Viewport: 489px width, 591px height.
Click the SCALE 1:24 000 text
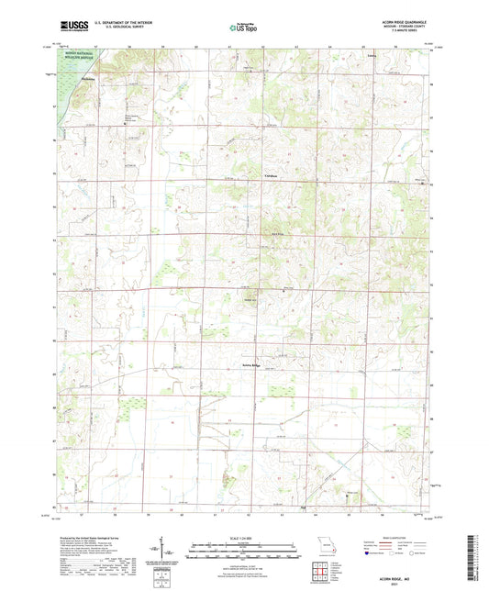click(x=244, y=536)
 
